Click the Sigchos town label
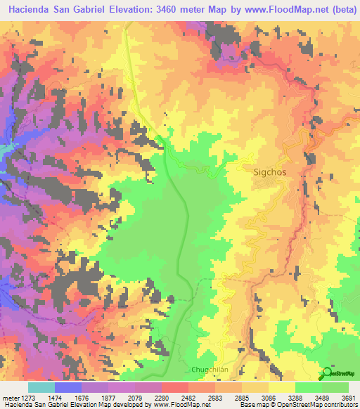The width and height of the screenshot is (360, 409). [270, 171]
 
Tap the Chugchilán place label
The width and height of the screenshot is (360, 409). [212, 370]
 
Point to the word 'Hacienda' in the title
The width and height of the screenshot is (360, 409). [31, 10]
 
